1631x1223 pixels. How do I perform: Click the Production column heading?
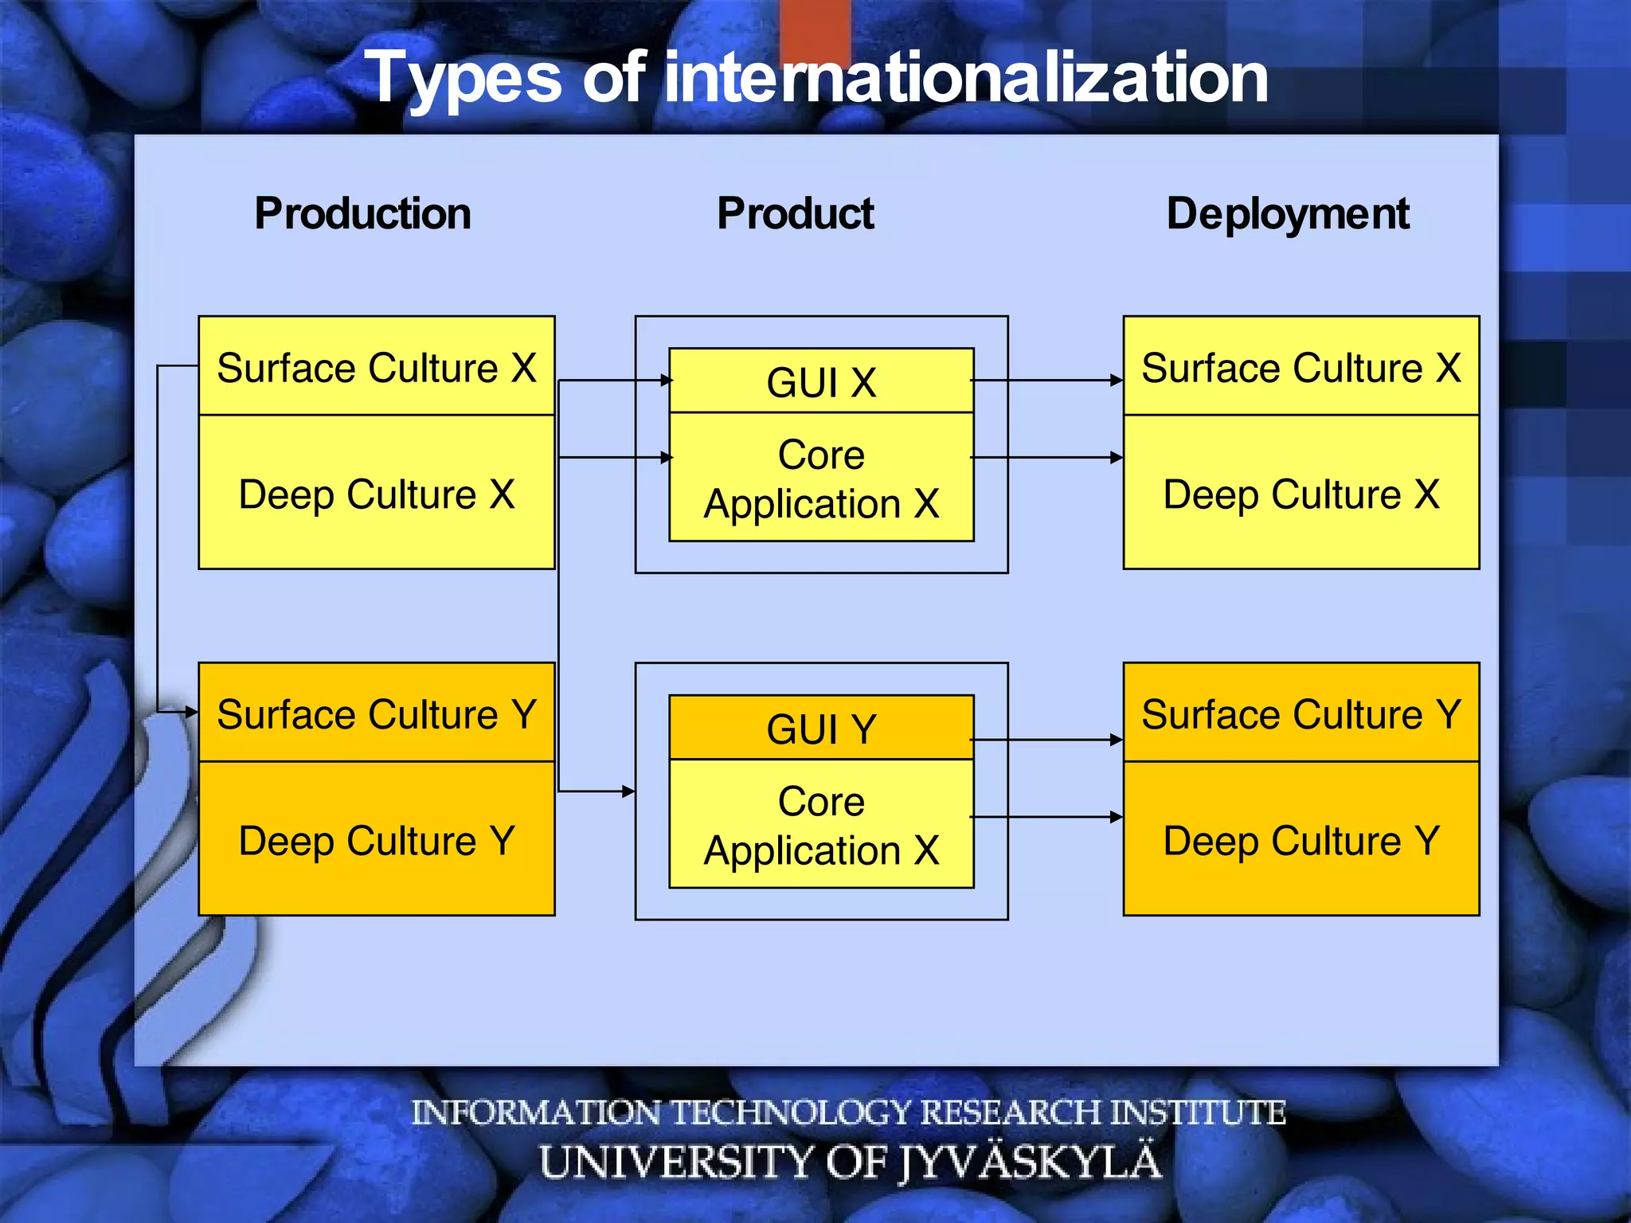[362, 213]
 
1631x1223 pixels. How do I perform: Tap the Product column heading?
[795, 213]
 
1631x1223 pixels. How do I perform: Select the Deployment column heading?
[1287, 213]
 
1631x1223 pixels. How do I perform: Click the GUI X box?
[821, 381]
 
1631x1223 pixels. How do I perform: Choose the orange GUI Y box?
[821, 728]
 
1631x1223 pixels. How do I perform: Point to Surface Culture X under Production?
[376, 367]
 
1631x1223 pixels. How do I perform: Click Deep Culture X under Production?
[376, 493]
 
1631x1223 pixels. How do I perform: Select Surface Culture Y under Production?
[376, 713]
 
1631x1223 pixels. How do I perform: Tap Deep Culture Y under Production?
[376, 840]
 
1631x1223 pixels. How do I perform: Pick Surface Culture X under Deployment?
[1300, 367]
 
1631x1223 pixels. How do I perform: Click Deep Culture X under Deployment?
[1300, 493]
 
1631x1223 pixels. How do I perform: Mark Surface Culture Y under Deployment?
[1300, 713]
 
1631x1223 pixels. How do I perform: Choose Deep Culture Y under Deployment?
[1300, 840]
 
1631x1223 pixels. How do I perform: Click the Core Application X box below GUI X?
[821, 479]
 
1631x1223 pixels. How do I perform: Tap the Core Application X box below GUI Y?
[821, 825]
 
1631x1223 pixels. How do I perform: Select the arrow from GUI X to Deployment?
[1047, 381]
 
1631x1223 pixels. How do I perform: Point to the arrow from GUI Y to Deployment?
[1047, 740]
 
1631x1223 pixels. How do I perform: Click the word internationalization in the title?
[965, 77]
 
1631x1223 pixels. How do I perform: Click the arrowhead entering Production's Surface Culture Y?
[191, 712]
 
